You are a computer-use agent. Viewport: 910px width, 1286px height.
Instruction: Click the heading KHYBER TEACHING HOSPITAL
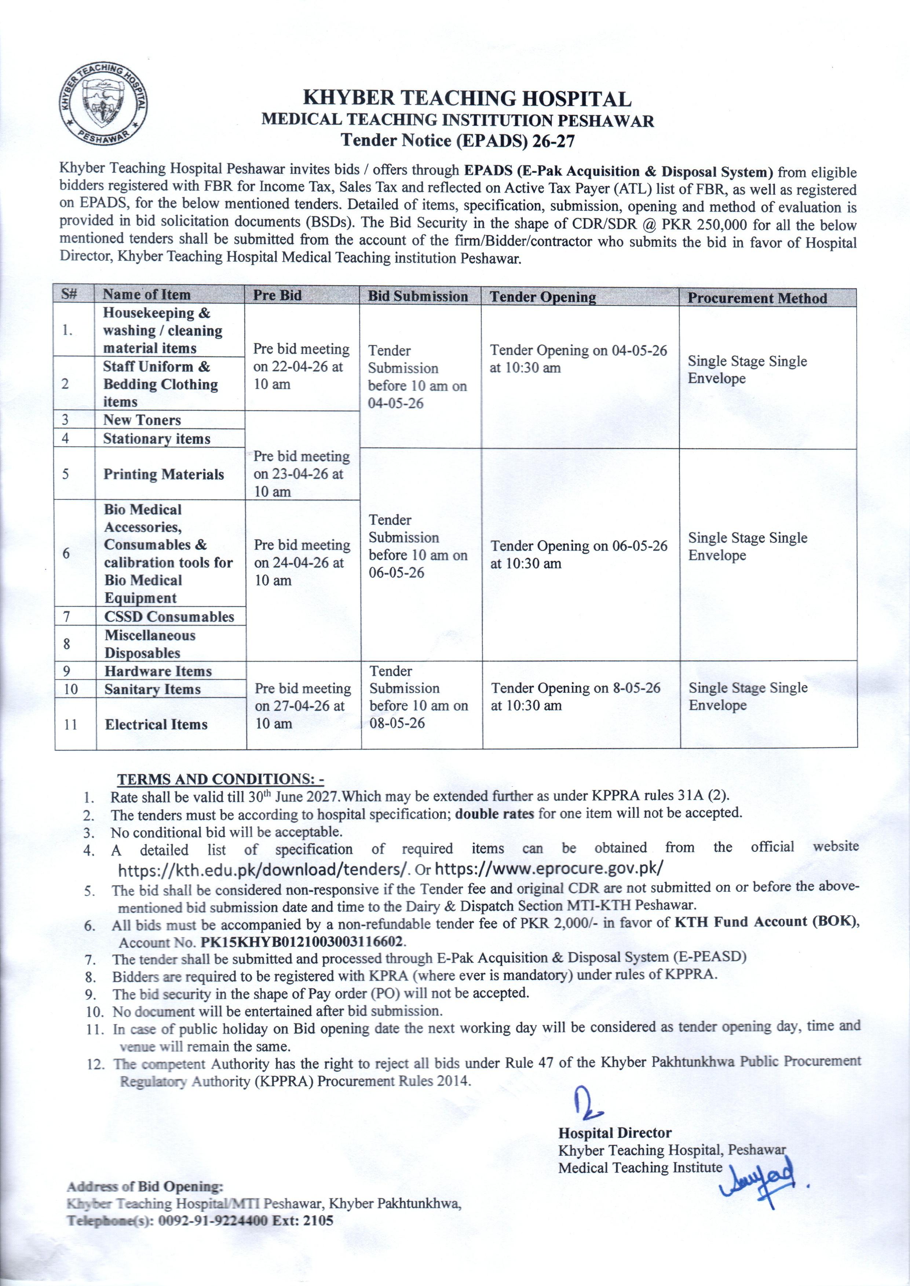(467, 99)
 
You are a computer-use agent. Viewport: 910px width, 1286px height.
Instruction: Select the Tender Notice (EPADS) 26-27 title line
(458, 140)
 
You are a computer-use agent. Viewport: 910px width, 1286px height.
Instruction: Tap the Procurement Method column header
(757, 298)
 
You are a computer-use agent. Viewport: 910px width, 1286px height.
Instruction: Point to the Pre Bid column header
(277, 295)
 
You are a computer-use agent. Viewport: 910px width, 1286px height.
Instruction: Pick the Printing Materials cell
(164, 475)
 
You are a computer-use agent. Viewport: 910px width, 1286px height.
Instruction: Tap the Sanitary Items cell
(153, 689)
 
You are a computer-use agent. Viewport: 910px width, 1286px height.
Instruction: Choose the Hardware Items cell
(158, 671)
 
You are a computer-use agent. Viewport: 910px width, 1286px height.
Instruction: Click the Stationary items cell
(157, 439)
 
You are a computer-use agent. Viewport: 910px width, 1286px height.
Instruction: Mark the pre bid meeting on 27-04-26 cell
(303, 706)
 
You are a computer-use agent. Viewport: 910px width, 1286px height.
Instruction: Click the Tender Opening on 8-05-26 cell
(575, 696)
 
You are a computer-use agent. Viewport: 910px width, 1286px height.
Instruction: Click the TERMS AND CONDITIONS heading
(220, 780)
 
